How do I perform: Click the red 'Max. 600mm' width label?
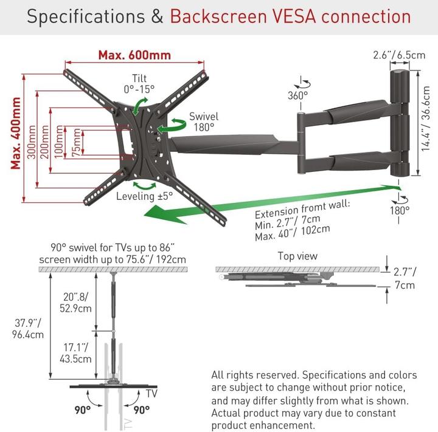click(x=134, y=54)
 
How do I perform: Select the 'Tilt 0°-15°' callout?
click(x=138, y=83)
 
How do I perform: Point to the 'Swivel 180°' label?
click(x=204, y=122)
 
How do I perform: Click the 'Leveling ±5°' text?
click(x=145, y=196)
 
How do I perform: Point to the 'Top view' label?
click(x=297, y=256)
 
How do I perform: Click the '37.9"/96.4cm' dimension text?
click(x=29, y=328)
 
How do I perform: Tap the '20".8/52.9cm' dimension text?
click(x=78, y=303)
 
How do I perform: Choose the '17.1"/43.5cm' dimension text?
click(x=78, y=352)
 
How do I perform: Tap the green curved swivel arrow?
click(x=172, y=125)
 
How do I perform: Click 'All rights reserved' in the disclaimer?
click(x=255, y=375)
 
